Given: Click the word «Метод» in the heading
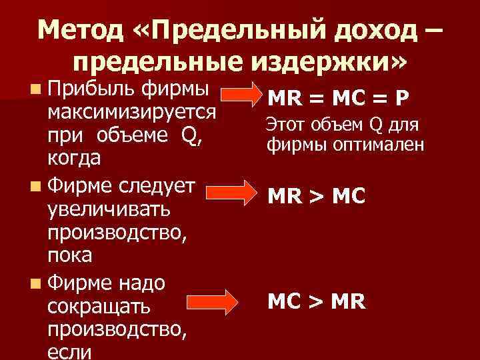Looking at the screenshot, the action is [81, 29].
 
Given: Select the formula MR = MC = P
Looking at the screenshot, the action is [337, 99].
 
